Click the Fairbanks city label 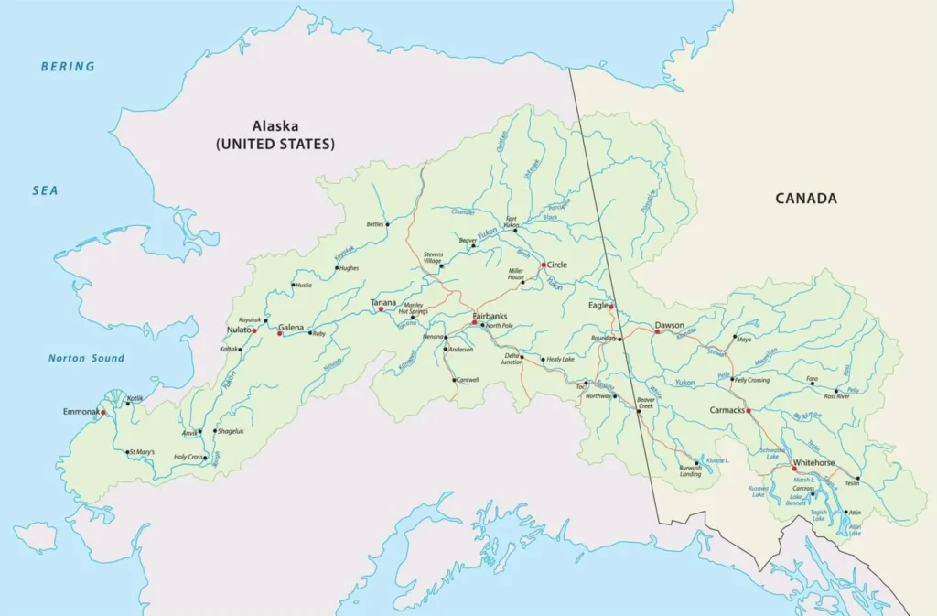pyautogui.click(x=489, y=316)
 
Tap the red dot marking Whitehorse pyautogui.click(x=794, y=469)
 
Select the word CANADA pyautogui.click(x=806, y=198)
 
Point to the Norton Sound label pyautogui.click(x=86, y=358)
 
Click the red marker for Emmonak pyautogui.click(x=103, y=412)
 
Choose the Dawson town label pyautogui.click(x=670, y=325)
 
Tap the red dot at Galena pyautogui.click(x=280, y=333)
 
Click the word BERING pyautogui.click(x=68, y=66)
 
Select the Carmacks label pyautogui.click(x=728, y=411)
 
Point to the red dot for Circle pyautogui.click(x=544, y=265)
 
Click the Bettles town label pyautogui.click(x=375, y=223)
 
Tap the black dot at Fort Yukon pyautogui.click(x=515, y=231)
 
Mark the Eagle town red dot pyautogui.click(x=611, y=307)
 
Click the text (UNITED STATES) pyautogui.click(x=275, y=144)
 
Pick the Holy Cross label pyautogui.click(x=188, y=457)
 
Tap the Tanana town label pyautogui.click(x=382, y=302)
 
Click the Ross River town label pyautogui.click(x=837, y=396)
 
